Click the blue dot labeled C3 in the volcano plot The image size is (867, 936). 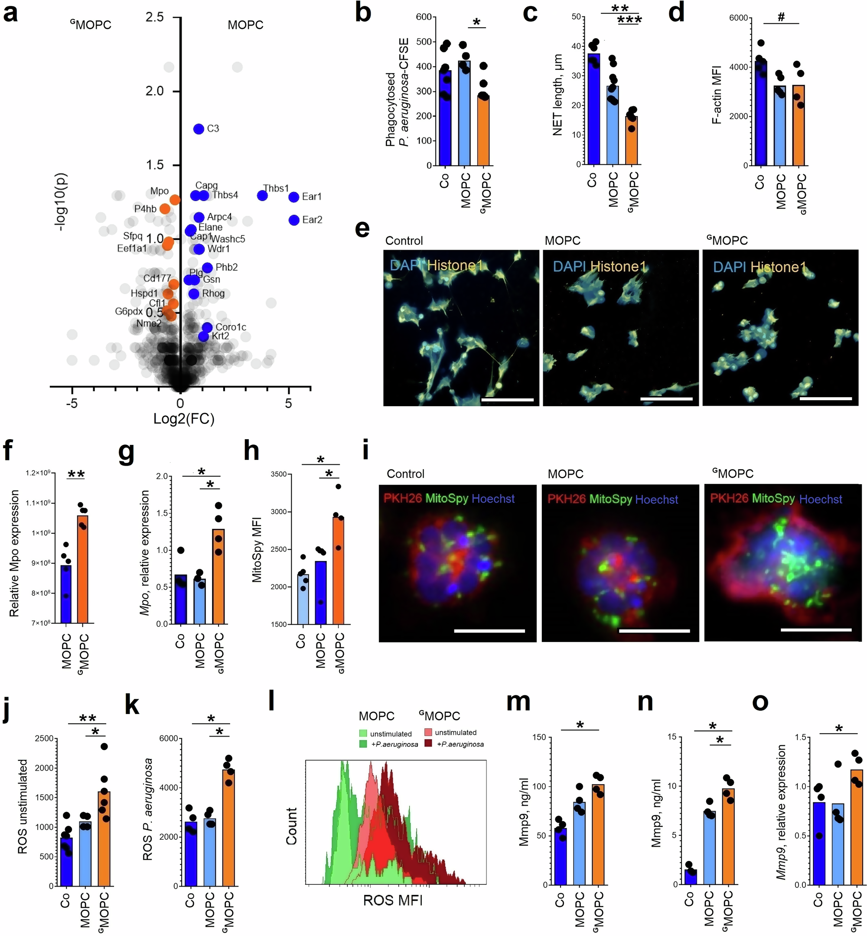click(x=199, y=129)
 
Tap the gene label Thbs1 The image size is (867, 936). click(x=276, y=188)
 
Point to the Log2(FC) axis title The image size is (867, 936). click(x=184, y=418)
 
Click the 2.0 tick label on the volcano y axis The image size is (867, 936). click(x=155, y=91)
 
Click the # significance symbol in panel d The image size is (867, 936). click(x=781, y=17)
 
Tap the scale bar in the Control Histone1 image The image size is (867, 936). click(x=507, y=400)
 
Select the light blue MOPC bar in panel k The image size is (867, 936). click(x=210, y=851)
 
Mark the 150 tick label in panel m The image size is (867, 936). click(x=540, y=737)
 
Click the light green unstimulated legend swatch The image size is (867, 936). click(x=364, y=733)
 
